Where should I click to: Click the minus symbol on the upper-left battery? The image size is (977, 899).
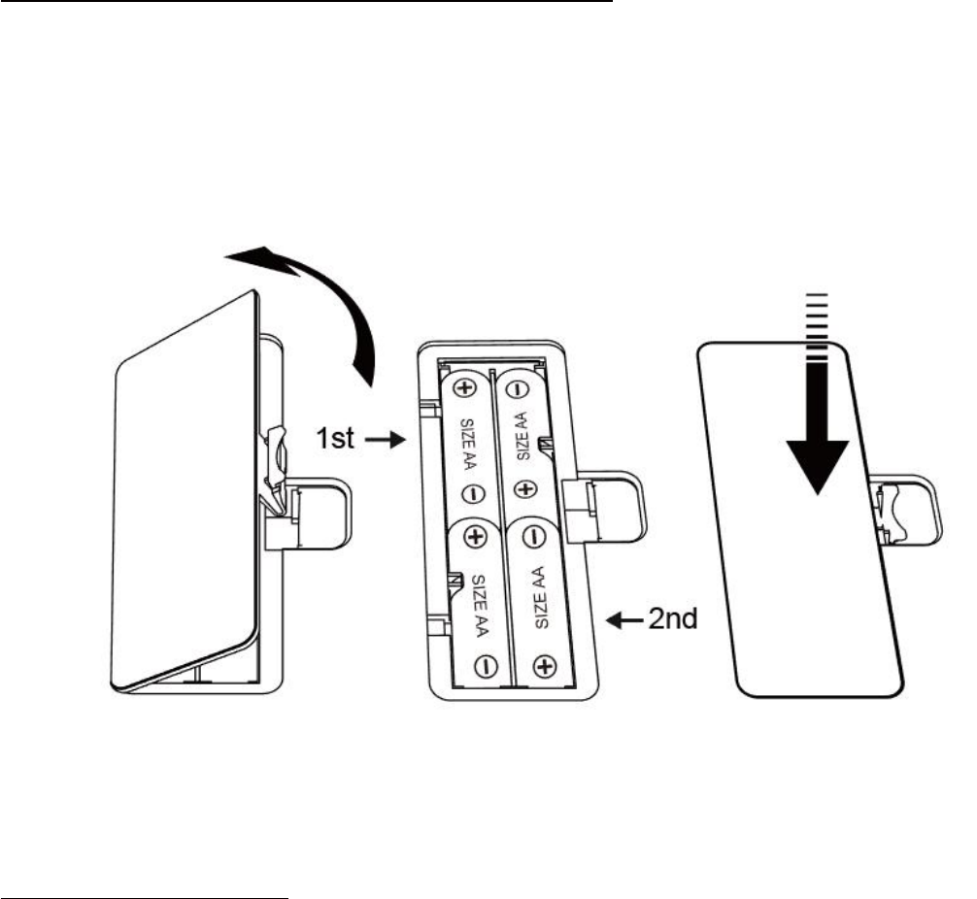coord(467,493)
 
